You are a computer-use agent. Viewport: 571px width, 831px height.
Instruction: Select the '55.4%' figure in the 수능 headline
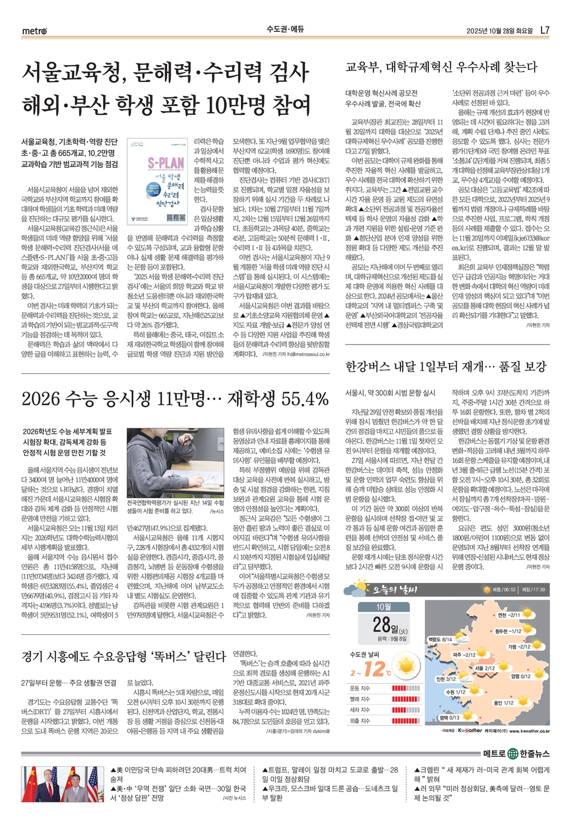[304, 399]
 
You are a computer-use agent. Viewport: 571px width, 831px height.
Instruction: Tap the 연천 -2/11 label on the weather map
[509, 615]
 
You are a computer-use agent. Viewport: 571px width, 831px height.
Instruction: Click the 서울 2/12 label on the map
[485, 668]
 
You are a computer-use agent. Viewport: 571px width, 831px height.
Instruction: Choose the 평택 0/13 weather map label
[449, 717]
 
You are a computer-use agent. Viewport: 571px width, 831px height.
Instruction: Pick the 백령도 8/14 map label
[440, 639]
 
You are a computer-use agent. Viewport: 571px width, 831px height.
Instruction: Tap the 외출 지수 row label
[360, 721]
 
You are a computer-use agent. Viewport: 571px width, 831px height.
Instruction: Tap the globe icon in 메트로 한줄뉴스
[513, 754]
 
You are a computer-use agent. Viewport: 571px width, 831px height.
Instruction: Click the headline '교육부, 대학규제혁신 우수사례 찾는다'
[441, 67]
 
